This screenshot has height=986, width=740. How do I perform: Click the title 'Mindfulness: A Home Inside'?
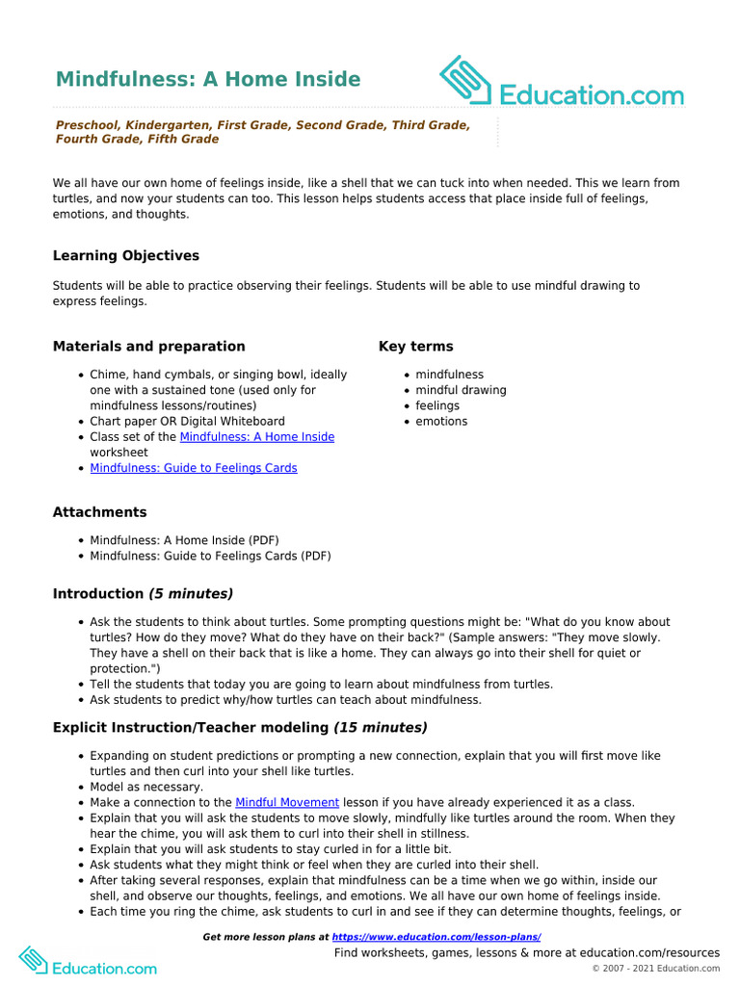point(207,79)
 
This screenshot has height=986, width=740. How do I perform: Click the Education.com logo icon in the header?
point(466,80)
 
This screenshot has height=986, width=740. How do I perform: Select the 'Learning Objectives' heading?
point(126,256)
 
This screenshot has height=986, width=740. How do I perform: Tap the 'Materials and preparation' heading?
point(148,347)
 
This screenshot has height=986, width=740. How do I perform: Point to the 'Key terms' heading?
point(415,347)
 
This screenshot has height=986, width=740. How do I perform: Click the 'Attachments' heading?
point(99,512)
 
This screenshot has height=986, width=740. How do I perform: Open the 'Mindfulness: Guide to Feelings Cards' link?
point(194,468)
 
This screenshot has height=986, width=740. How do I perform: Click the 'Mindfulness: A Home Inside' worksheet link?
point(257,437)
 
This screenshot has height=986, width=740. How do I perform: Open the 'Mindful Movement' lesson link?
point(287,802)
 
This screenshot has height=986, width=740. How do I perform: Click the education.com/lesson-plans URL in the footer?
point(436,937)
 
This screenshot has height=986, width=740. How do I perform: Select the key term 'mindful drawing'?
point(461,390)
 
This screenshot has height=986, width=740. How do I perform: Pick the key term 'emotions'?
point(441,421)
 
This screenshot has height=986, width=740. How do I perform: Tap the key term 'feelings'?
point(437,405)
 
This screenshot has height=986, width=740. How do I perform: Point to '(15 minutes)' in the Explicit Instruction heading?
point(380,728)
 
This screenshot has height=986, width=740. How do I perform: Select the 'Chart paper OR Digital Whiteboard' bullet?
point(187,422)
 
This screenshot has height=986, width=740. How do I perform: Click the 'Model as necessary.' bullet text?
point(146,787)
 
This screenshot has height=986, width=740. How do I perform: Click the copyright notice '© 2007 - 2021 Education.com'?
point(655,969)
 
